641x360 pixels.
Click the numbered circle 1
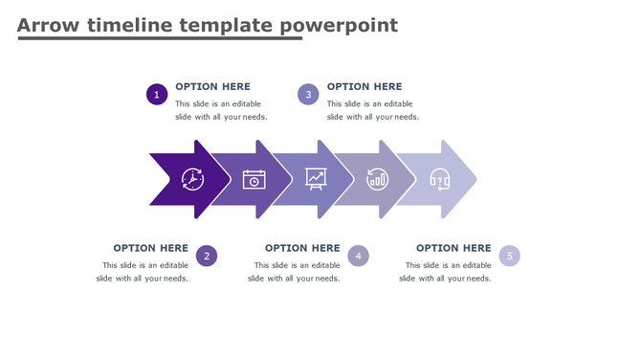157,94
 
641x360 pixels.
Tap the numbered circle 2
207,256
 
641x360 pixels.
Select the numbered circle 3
307,94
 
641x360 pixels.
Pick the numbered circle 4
358,256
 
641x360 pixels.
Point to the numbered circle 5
510,256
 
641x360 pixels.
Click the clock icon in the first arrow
192,179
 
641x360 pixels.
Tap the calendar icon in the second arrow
254,179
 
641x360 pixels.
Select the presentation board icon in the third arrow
316,178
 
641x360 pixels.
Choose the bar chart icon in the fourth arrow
378,179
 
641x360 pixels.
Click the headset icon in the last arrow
440,179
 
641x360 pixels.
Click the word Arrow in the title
48,25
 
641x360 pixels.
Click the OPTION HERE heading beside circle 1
212,86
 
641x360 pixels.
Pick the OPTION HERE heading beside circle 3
365,86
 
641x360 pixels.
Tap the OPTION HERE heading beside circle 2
150,248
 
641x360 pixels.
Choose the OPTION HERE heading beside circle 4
302,248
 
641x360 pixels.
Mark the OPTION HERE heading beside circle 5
453,248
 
